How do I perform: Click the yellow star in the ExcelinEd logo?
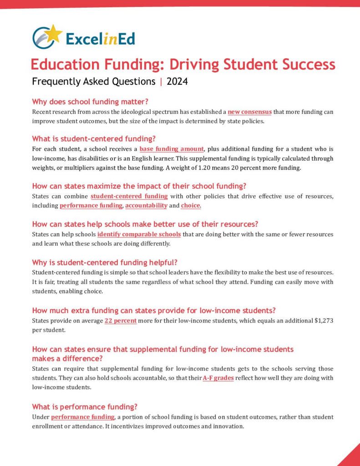(54, 33)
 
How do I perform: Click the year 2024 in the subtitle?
(177, 82)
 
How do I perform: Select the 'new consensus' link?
(249, 111)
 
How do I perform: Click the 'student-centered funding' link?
(129, 196)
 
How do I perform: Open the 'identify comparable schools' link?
(139, 234)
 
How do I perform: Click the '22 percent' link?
(121, 321)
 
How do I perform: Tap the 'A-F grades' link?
(218, 378)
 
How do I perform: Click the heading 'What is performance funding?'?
(85, 406)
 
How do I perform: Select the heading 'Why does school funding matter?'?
(91, 101)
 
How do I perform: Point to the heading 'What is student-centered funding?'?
(94, 139)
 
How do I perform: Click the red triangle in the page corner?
(351, 457)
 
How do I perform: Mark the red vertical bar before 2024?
(161, 82)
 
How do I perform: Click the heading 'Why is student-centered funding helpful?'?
(105, 263)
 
